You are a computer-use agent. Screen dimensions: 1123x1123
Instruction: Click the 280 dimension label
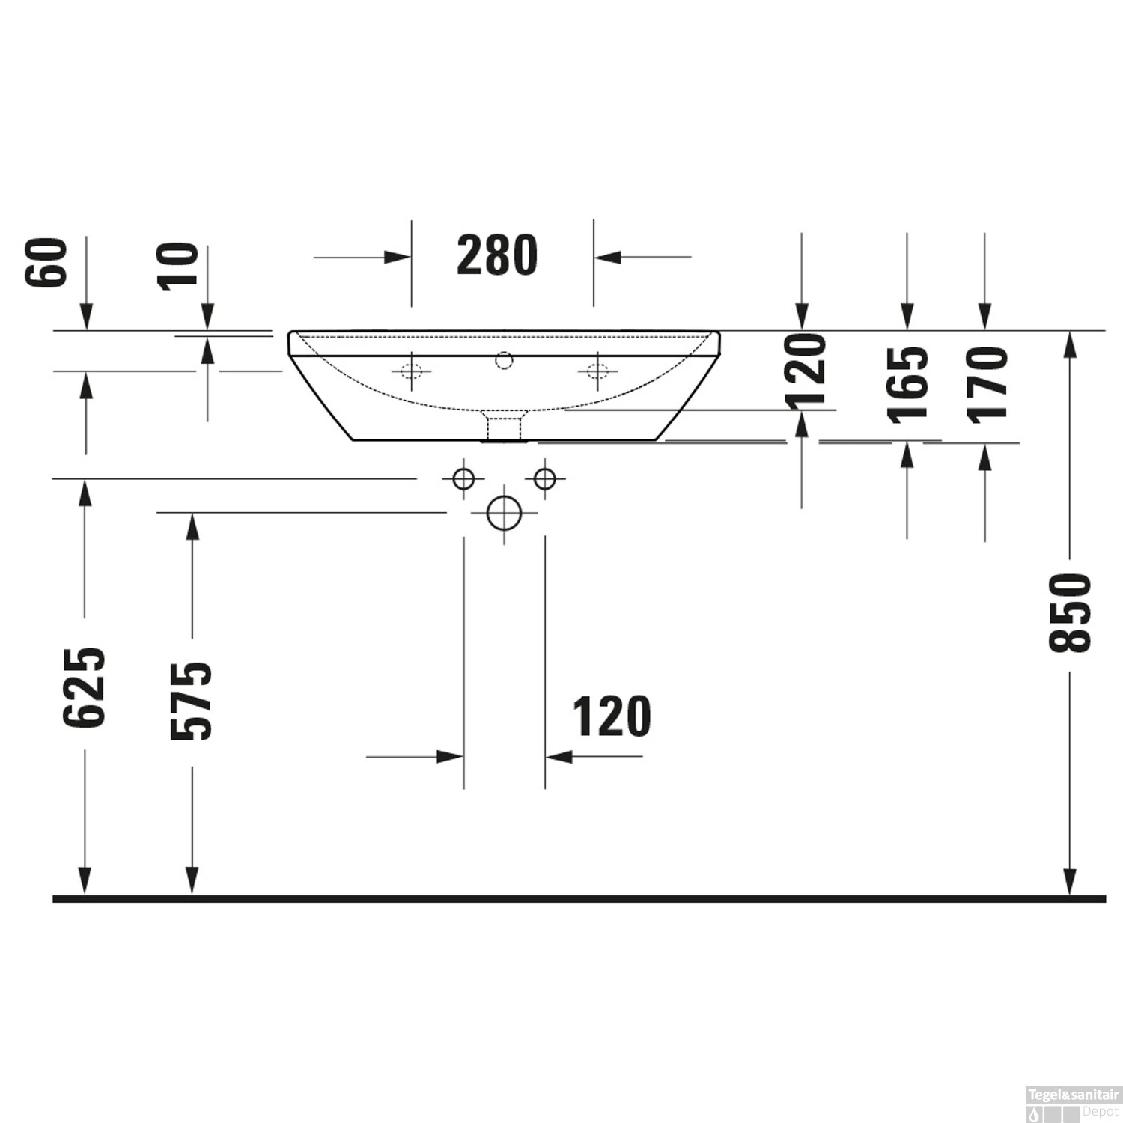(x=497, y=256)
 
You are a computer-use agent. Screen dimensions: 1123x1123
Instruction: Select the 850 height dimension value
(x=1071, y=612)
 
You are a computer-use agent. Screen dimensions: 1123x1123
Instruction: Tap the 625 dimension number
(x=85, y=687)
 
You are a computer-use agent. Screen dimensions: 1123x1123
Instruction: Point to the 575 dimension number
(x=192, y=701)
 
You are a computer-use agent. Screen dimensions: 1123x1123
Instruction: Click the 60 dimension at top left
(x=46, y=262)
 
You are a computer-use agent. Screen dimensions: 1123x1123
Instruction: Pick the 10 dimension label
(x=180, y=266)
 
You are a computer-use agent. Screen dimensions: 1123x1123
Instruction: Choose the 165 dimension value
(x=908, y=384)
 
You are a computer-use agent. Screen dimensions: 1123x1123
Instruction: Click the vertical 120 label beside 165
(x=807, y=372)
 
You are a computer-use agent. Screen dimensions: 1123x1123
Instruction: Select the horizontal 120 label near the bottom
(x=612, y=717)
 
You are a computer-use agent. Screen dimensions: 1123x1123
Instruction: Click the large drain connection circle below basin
(x=504, y=513)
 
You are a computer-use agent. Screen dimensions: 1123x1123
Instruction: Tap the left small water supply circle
(x=463, y=478)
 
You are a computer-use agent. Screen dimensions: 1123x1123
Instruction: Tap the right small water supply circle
(x=545, y=478)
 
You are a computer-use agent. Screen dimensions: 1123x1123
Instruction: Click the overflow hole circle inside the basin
(x=504, y=361)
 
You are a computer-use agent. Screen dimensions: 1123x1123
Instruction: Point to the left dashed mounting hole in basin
(x=411, y=371)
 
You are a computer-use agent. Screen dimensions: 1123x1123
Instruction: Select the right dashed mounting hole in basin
(x=597, y=371)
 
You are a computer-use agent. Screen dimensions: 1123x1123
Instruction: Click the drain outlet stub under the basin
(x=504, y=427)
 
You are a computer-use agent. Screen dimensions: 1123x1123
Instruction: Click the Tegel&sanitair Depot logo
(x=1073, y=1100)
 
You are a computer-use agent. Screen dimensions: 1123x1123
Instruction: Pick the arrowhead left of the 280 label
(x=397, y=258)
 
